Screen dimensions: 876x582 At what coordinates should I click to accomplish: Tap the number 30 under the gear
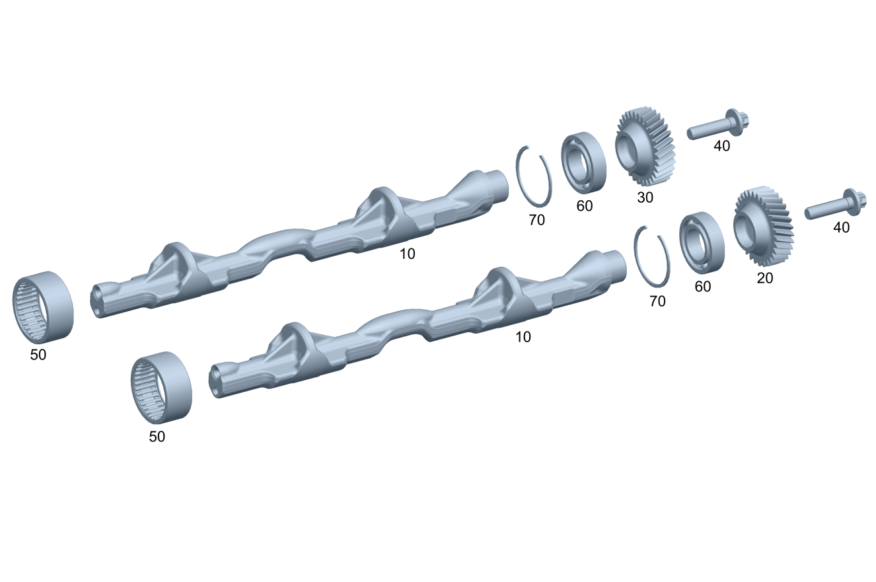click(x=645, y=198)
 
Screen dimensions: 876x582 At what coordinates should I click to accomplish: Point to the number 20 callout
click(x=765, y=278)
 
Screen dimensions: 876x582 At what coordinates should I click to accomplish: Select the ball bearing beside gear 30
click(x=584, y=163)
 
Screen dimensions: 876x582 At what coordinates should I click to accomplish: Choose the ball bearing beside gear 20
click(x=702, y=242)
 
